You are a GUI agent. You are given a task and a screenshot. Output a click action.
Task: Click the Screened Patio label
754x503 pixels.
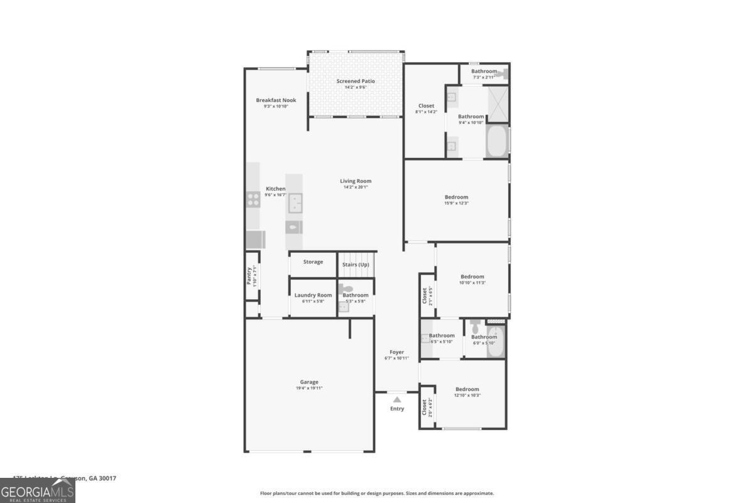355,81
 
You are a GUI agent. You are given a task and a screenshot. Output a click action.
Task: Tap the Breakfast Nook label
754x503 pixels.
276,100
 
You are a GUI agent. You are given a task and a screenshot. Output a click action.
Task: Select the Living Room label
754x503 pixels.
356,181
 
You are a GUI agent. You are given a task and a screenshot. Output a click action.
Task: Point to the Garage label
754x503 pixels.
309,382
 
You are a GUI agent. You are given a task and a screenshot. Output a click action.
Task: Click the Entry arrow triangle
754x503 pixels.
396,399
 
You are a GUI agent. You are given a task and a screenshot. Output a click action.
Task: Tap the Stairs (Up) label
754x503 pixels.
356,264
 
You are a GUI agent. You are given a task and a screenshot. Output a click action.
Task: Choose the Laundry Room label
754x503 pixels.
313,295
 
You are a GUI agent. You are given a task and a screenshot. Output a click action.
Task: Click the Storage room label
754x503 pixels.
313,262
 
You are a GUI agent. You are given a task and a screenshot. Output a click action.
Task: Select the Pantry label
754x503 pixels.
249,277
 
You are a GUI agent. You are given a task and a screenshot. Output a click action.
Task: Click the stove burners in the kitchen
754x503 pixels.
253,199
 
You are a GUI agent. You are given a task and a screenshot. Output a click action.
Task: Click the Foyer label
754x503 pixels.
396,352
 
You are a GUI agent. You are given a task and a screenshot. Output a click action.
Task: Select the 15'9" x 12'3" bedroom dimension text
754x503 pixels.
456,203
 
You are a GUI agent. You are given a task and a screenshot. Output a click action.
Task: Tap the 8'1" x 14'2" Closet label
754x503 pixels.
426,106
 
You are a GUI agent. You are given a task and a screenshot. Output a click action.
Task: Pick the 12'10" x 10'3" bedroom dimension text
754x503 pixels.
467,395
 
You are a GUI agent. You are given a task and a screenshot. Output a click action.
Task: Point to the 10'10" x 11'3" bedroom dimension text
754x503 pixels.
473,283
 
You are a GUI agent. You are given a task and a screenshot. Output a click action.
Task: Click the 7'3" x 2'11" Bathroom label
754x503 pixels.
484,71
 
